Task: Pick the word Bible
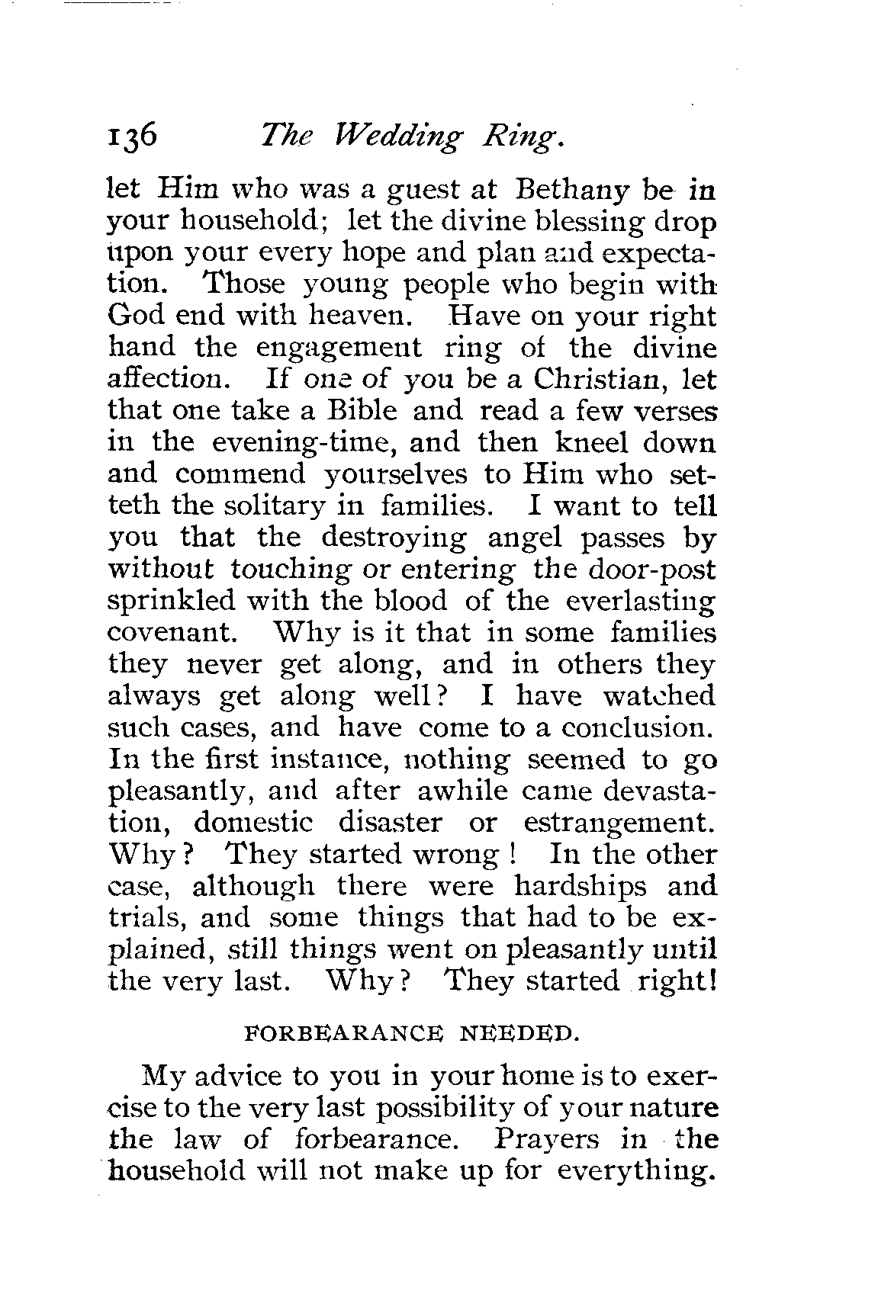point(362,410)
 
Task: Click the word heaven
point(358,316)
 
